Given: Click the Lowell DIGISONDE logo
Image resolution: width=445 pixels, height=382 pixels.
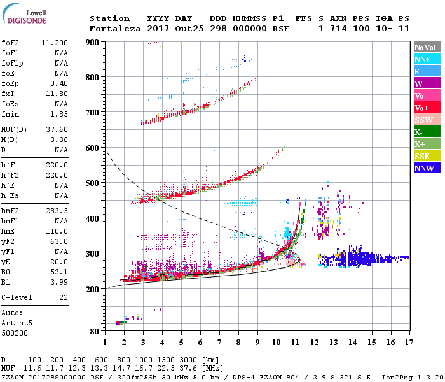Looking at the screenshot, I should click(x=25, y=17).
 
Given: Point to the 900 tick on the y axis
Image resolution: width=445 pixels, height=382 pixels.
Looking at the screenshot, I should click(x=93, y=42).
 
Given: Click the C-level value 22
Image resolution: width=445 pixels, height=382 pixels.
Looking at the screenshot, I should click(x=64, y=297).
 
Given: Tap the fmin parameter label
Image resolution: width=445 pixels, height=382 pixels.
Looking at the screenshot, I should click(x=11, y=113).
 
